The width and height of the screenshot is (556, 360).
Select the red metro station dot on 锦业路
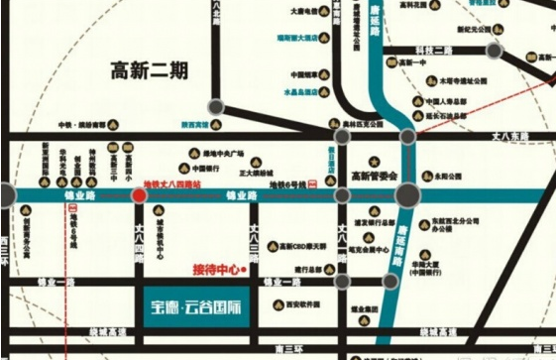tap(139, 195)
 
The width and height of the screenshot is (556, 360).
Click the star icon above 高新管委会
tap(374, 160)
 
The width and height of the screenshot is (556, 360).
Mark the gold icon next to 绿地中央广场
tap(195, 154)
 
